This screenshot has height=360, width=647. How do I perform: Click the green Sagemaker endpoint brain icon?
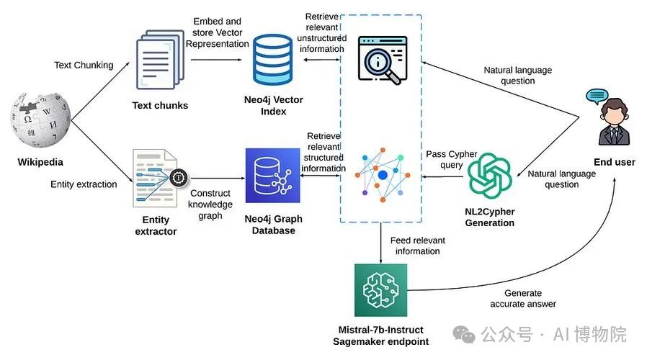(380, 290)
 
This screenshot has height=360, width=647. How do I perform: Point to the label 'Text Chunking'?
(84, 66)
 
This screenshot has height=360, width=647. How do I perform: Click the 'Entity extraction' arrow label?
(84, 184)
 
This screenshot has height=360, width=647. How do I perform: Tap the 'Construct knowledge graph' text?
(210, 204)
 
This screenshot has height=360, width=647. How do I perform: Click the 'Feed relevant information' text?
(417, 246)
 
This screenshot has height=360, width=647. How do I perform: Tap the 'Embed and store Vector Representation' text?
(216, 32)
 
